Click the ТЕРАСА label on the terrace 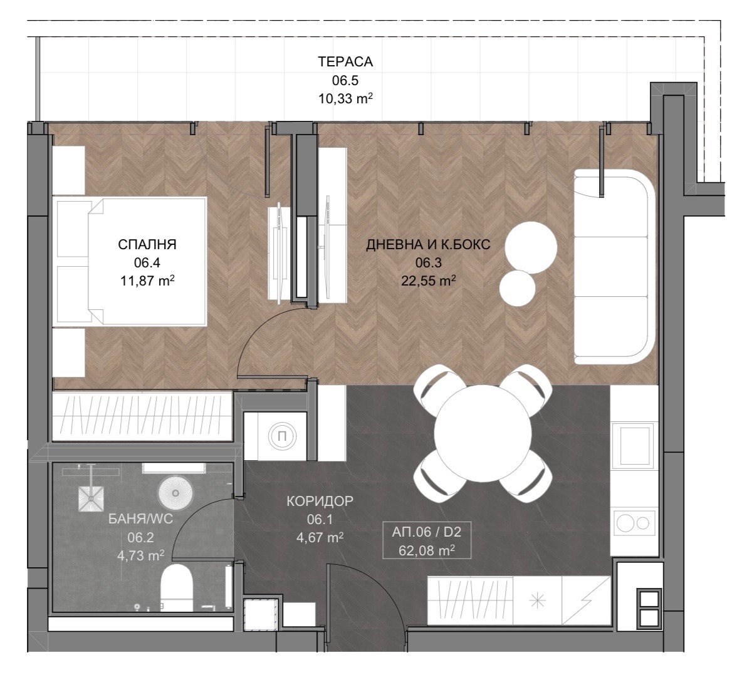(x=345, y=62)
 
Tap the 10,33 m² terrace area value (x=345, y=99)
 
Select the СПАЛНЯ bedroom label (x=147, y=245)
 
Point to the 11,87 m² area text (x=147, y=281)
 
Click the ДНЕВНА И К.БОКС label (x=428, y=245)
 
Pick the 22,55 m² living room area (x=428, y=281)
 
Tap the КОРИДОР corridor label (x=320, y=501)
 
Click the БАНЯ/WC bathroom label (x=141, y=519)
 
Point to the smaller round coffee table (x=518, y=289)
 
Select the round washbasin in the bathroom (x=175, y=493)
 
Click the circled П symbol (x=281, y=436)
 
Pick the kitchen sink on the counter (x=635, y=445)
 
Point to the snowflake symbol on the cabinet (x=538, y=600)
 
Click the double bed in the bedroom (x=131, y=262)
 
